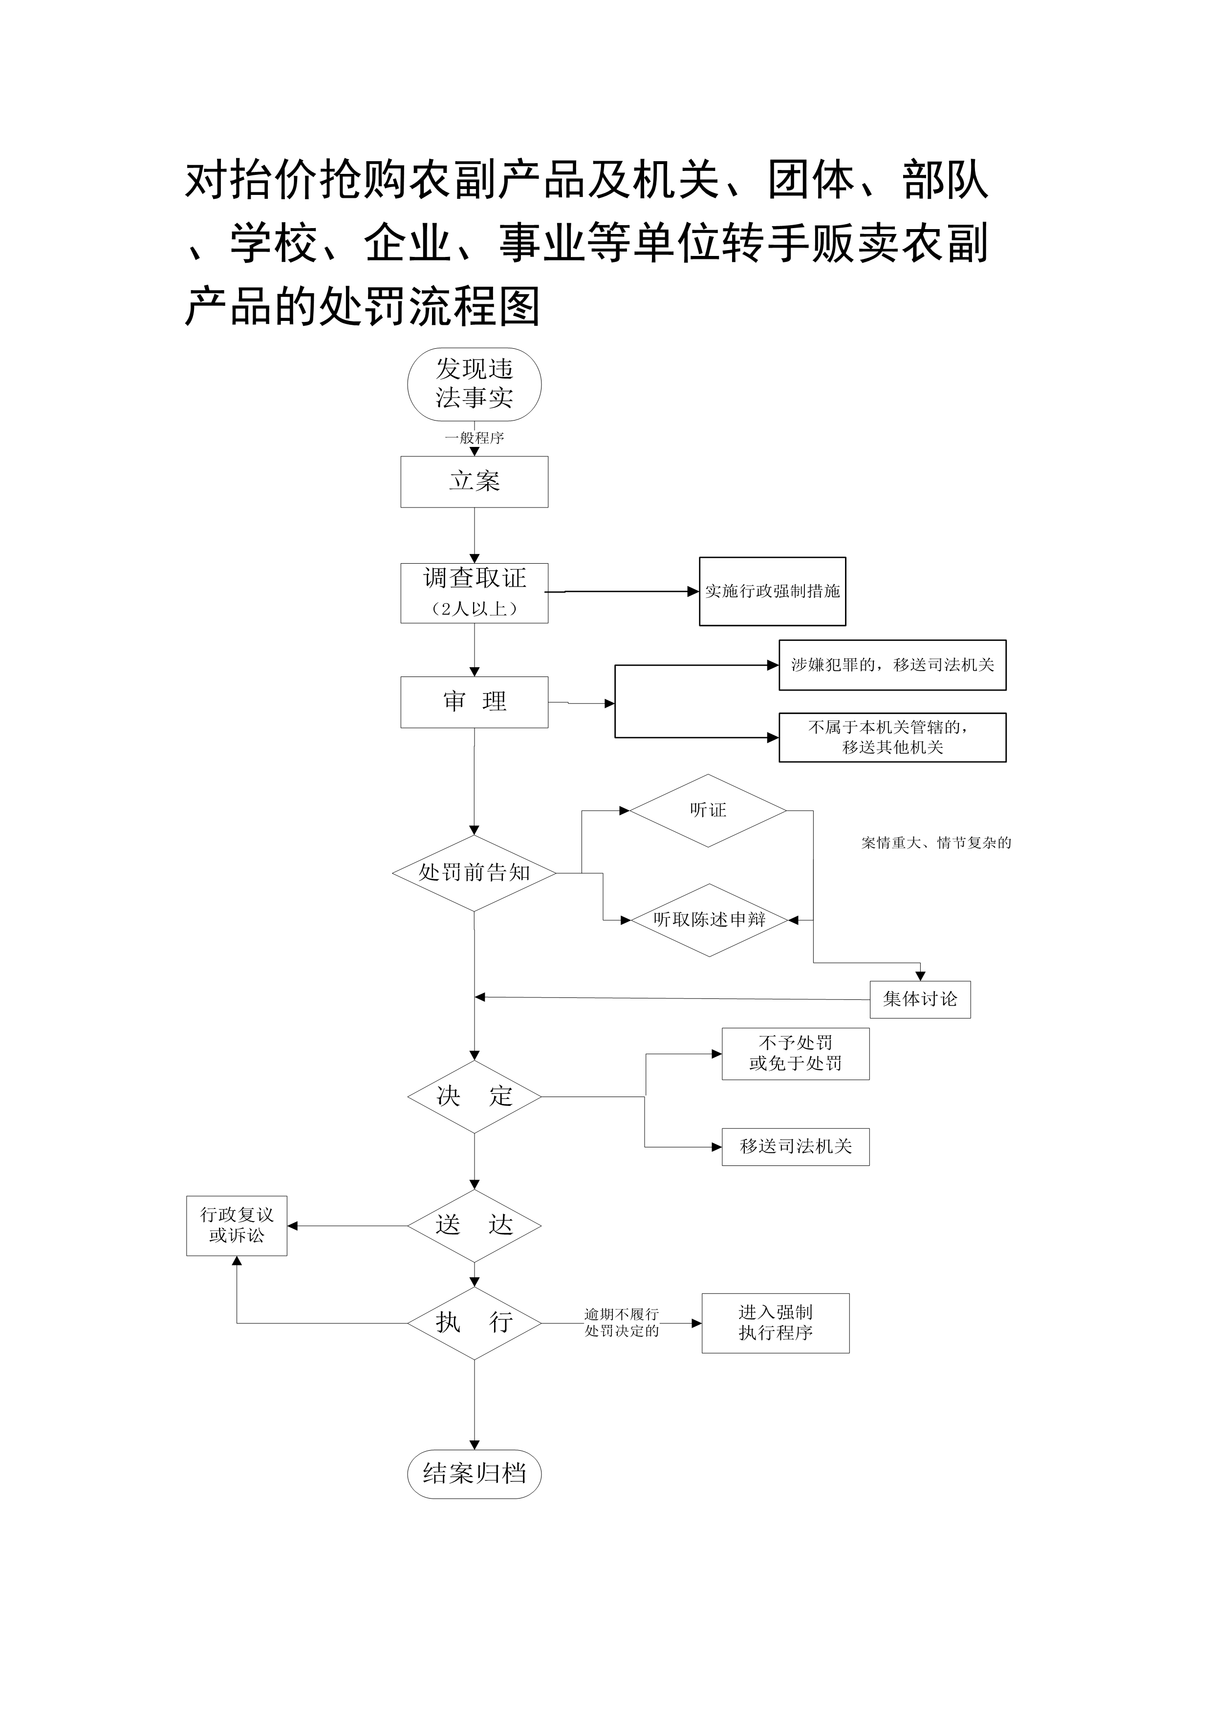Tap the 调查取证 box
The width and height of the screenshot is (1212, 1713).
[474, 592]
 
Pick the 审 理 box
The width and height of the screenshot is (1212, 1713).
[474, 701]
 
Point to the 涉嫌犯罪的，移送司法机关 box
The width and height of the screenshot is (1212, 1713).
[892, 665]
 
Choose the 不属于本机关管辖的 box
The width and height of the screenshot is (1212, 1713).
[892, 737]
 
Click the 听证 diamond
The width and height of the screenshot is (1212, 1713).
[708, 810]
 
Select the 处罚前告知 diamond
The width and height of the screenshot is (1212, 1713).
[474, 872]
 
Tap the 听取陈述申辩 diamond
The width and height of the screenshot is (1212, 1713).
[709, 920]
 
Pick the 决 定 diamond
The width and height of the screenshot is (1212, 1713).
[474, 1096]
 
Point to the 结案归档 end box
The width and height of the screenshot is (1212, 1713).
[474, 1474]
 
